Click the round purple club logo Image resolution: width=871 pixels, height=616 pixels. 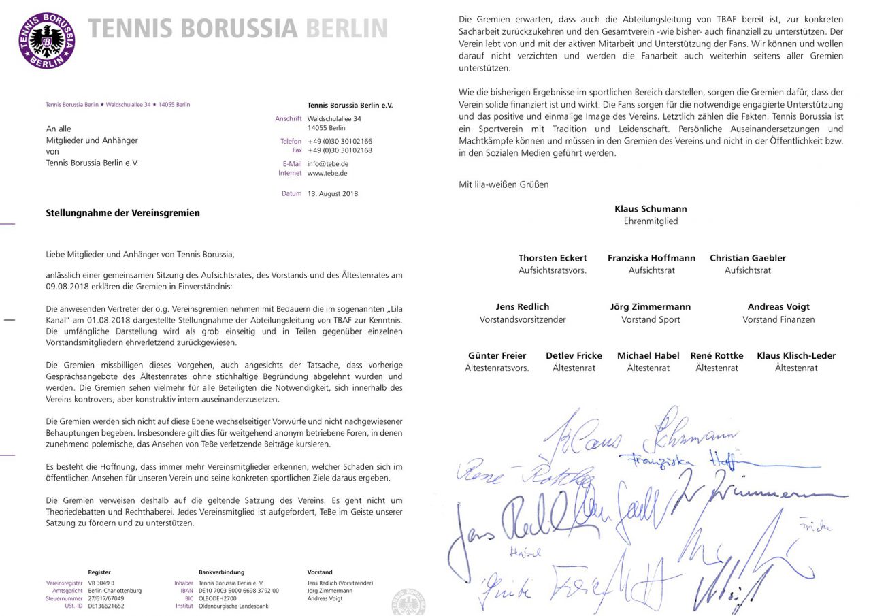pyautogui.click(x=46, y=40)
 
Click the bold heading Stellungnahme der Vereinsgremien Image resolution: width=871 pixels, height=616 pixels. pyautogui.click(x=122, y=213)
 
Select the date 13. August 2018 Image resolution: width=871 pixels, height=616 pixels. pyautogui.click(x=332, y=193)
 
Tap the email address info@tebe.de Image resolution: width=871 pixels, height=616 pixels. pyautogui.click(x=328, y=163)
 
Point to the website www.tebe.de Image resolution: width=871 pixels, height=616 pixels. pyautogui.click(x=327, y=173)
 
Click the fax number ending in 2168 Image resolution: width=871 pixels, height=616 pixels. pyautogui.click(x=340, y=150)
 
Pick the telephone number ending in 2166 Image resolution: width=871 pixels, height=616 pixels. pyautogui.click(x=340, y=141)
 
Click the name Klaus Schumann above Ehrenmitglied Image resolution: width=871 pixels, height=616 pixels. pyautogui.click(x=651, y=209)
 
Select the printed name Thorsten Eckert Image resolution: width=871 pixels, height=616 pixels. pyautogui.click(x=553, y=258)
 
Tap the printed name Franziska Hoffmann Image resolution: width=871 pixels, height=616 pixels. pyautogui.click(x=651, y=258)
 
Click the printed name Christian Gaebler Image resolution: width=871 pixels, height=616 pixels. pyautogui.click(x=747, y=258)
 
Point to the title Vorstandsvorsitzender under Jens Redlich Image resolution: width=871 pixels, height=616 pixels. pyautogui.click(x=523, y=319)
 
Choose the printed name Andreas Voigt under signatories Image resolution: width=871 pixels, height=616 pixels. pyautogui.click(x=778, y=307)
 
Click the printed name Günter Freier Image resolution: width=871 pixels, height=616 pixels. pyautogui.click(x=497, y=355)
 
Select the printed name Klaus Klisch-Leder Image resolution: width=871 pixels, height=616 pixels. pyautogui.click(x=796, y=355)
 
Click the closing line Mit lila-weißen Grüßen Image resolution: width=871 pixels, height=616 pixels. pyautogui.click(x=504, y=184)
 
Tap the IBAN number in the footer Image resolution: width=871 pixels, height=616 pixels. pyautogui.click(x=238, y=591)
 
